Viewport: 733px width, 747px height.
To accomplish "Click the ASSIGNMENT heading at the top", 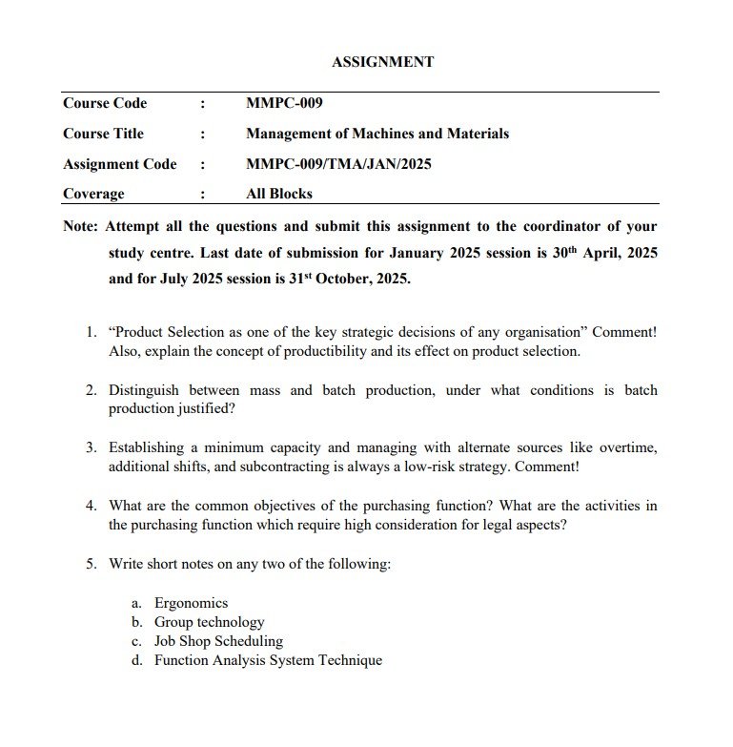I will (382, 62).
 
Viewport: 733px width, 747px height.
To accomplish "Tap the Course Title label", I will (103, 134).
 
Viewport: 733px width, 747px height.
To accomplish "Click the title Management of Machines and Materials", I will (377, 134).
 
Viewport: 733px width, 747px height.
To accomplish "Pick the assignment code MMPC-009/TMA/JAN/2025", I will (338, 164).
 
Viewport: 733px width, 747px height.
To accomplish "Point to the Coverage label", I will (93, 194).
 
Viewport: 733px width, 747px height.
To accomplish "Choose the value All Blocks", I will (278, 194).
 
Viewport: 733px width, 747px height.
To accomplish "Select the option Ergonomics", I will (191, 603).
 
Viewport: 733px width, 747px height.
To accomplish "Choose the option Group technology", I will (209, 622).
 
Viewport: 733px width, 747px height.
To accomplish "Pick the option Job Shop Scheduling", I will (218, 641).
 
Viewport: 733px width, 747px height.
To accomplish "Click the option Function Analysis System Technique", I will (268, 660).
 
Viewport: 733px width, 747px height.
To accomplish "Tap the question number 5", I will (92, 564).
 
